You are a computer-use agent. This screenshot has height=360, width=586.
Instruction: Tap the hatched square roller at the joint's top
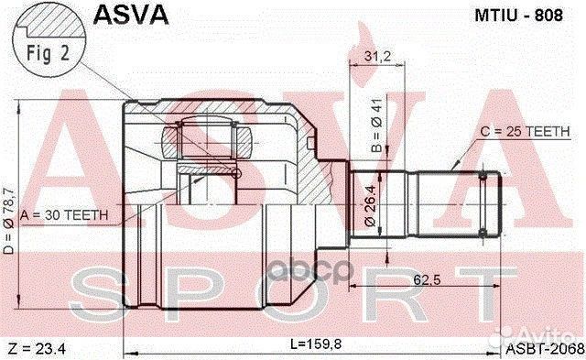point(179,141)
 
